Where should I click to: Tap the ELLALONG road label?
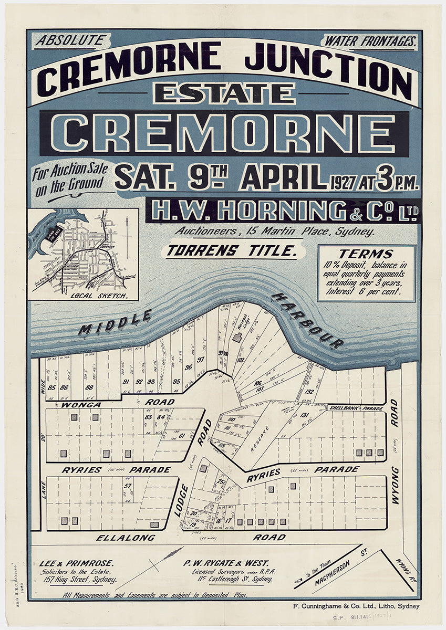pos(126,537)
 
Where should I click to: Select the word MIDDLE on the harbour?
pos(115,322)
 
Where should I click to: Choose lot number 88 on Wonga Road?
pos(89,388)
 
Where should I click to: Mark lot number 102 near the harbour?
pos(241,361)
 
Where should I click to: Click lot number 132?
pos(309,392)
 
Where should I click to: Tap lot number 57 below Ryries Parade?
pos(128,486)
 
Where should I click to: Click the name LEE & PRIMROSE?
pos(77,563)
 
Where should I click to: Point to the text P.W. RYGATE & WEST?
pos(226,563)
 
